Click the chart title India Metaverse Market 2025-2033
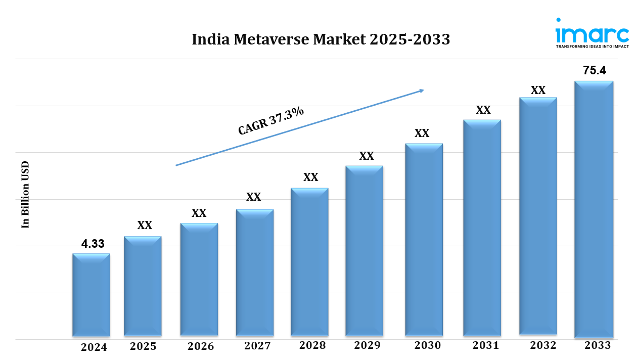coord(321,39)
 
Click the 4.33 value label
coord(93,244)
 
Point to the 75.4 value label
coord(594,71)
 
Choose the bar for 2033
coord(594,209)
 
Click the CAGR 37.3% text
coord(271,121)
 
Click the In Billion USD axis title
coord(25,195)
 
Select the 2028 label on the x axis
coord(312,346)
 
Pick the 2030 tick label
coord(427,346)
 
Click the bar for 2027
coord(255,273)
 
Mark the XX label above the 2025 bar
coord(145,226)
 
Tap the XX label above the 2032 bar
coord(538,91)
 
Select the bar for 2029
coord(364,251)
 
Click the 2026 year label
coord(201,346)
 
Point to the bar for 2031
coord(482,228)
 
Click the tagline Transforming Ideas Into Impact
coord(592,46)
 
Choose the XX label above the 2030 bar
coord(422,133)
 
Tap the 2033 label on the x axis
coord(598,346)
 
